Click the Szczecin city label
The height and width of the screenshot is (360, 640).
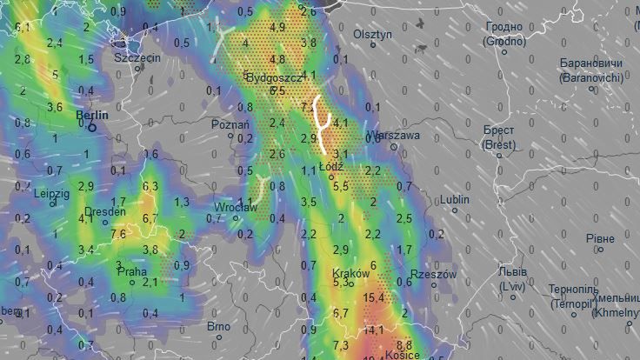tap(137, 57)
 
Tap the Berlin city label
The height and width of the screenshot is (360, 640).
tap(92, 114)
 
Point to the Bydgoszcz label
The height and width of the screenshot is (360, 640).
tap(274, 77)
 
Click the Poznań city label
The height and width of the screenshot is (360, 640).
tap(230, 124)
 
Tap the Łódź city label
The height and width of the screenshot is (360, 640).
tap(332, 166)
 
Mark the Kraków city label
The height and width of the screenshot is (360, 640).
tap(351, 273)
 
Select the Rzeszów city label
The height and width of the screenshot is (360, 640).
tap(432, 274)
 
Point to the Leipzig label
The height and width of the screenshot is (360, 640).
tap(51, 193)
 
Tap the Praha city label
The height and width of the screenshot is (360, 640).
tap(132, 271)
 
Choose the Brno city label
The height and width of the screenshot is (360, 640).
tap(218, 327)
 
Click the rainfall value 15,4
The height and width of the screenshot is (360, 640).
tap(374, 298)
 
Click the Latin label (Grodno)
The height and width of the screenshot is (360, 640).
tap(505, 41)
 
